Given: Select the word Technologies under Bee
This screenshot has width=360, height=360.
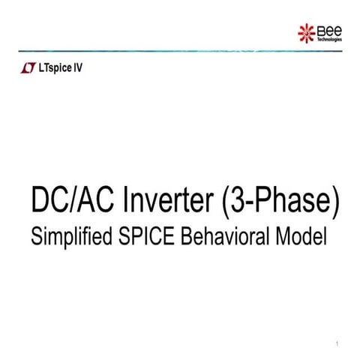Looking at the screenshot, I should pyautogui.click(x=329, y=38).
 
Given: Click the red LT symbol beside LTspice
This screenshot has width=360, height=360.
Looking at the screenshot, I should pyautogui.click(x=28, y=67).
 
